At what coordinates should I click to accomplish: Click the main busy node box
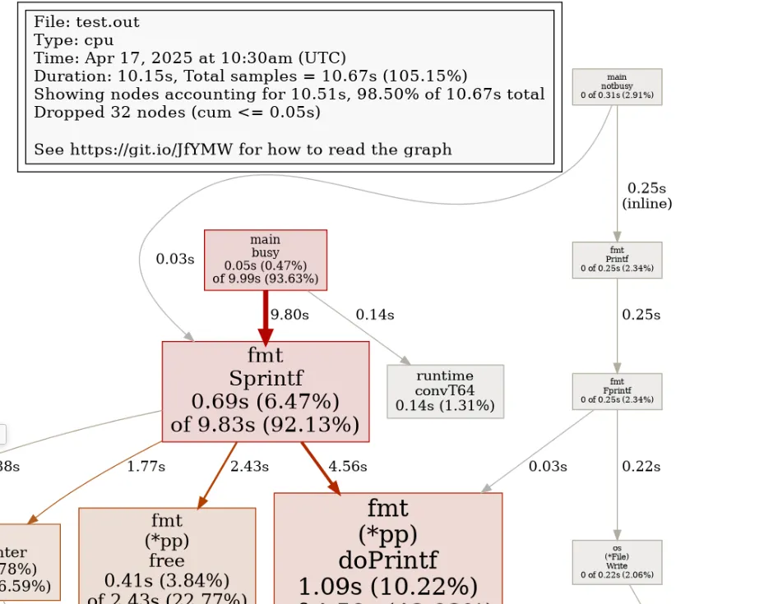click(265, 260)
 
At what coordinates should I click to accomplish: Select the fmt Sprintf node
click(265, 390)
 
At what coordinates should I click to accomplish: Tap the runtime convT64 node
click(444, 391)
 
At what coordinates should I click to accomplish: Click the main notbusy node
click(617, 86)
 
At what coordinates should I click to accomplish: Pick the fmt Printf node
click(617, 260)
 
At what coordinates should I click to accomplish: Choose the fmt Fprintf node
click(617, 391)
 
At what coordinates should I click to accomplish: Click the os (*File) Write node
click(617, 561)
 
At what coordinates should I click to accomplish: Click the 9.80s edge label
click(289, 315)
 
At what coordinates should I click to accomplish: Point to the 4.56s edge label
click(347, 466)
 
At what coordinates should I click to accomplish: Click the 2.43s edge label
click(249, 466)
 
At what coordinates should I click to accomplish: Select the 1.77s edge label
click(146, 466)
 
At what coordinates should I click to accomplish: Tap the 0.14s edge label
click(374, 315)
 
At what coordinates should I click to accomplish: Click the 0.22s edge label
click(641, 466)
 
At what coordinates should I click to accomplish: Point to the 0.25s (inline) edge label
click(646, 196)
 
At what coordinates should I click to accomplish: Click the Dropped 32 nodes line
click(177, 112)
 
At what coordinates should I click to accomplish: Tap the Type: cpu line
click(73, 40)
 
